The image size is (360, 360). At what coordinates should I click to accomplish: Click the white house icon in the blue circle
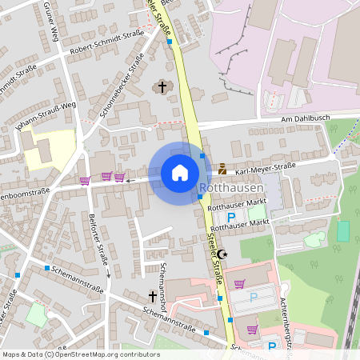pyautogui.click(x=179, y=173)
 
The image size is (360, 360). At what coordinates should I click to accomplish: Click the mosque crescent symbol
pyautogui.click(x=222, y=254)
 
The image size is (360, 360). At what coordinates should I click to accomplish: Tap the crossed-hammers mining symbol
pyautogui.click(x=222, y=169)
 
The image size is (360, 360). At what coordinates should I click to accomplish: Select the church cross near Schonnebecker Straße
pyautogui.click(x=162, y=86)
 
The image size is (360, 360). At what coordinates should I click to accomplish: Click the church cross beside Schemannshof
pyautogui.click(x=152, y=297)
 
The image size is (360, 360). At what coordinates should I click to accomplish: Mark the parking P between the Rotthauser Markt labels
pyautogui.click(x=232, y=217)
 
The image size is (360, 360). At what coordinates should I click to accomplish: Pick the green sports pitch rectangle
pyautogui.click(x=343, y=231)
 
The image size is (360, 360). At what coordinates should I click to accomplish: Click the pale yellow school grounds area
pyautogui.click(x=50, y=149)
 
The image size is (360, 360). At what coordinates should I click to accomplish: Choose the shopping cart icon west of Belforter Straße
pyautogui.click(x=85, y=180)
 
